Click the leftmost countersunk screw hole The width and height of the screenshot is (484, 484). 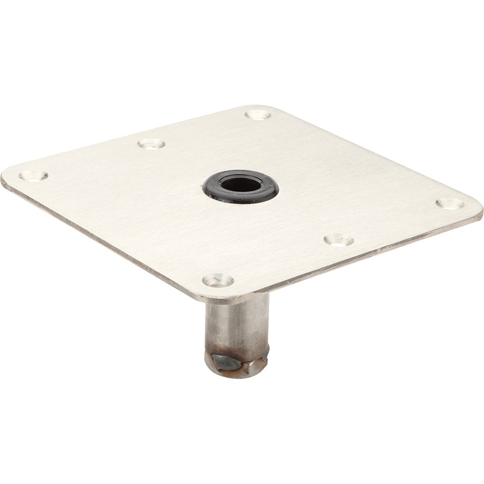(33, 175)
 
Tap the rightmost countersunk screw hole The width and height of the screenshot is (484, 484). (450, 203)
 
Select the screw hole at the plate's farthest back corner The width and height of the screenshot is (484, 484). (258, 113)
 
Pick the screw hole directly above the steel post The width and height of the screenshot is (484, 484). (218, 280)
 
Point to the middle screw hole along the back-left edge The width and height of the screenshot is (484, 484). (151, 144)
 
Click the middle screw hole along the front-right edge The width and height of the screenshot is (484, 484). (339, 240)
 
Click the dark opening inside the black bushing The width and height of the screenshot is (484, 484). (241, 183)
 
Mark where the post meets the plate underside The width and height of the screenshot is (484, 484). (237, 298)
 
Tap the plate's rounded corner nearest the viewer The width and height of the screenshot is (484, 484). (218, 298)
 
